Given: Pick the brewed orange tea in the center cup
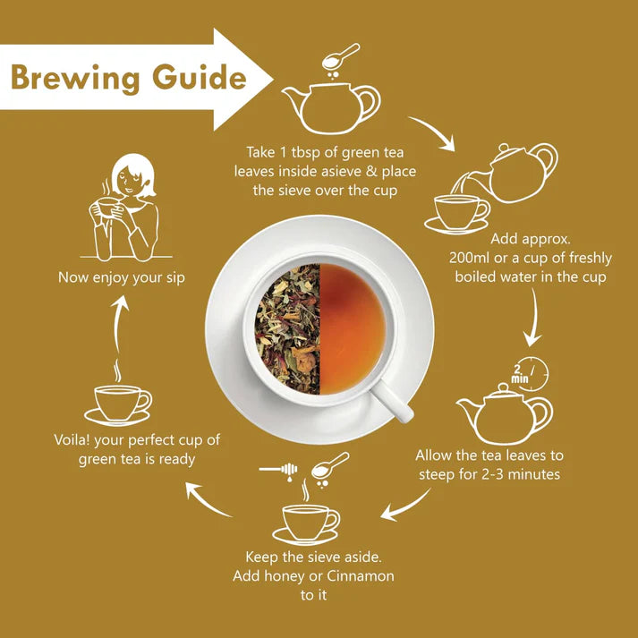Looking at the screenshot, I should (x=353, y=328).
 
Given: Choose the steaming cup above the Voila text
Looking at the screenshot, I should (x=120, y=403).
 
